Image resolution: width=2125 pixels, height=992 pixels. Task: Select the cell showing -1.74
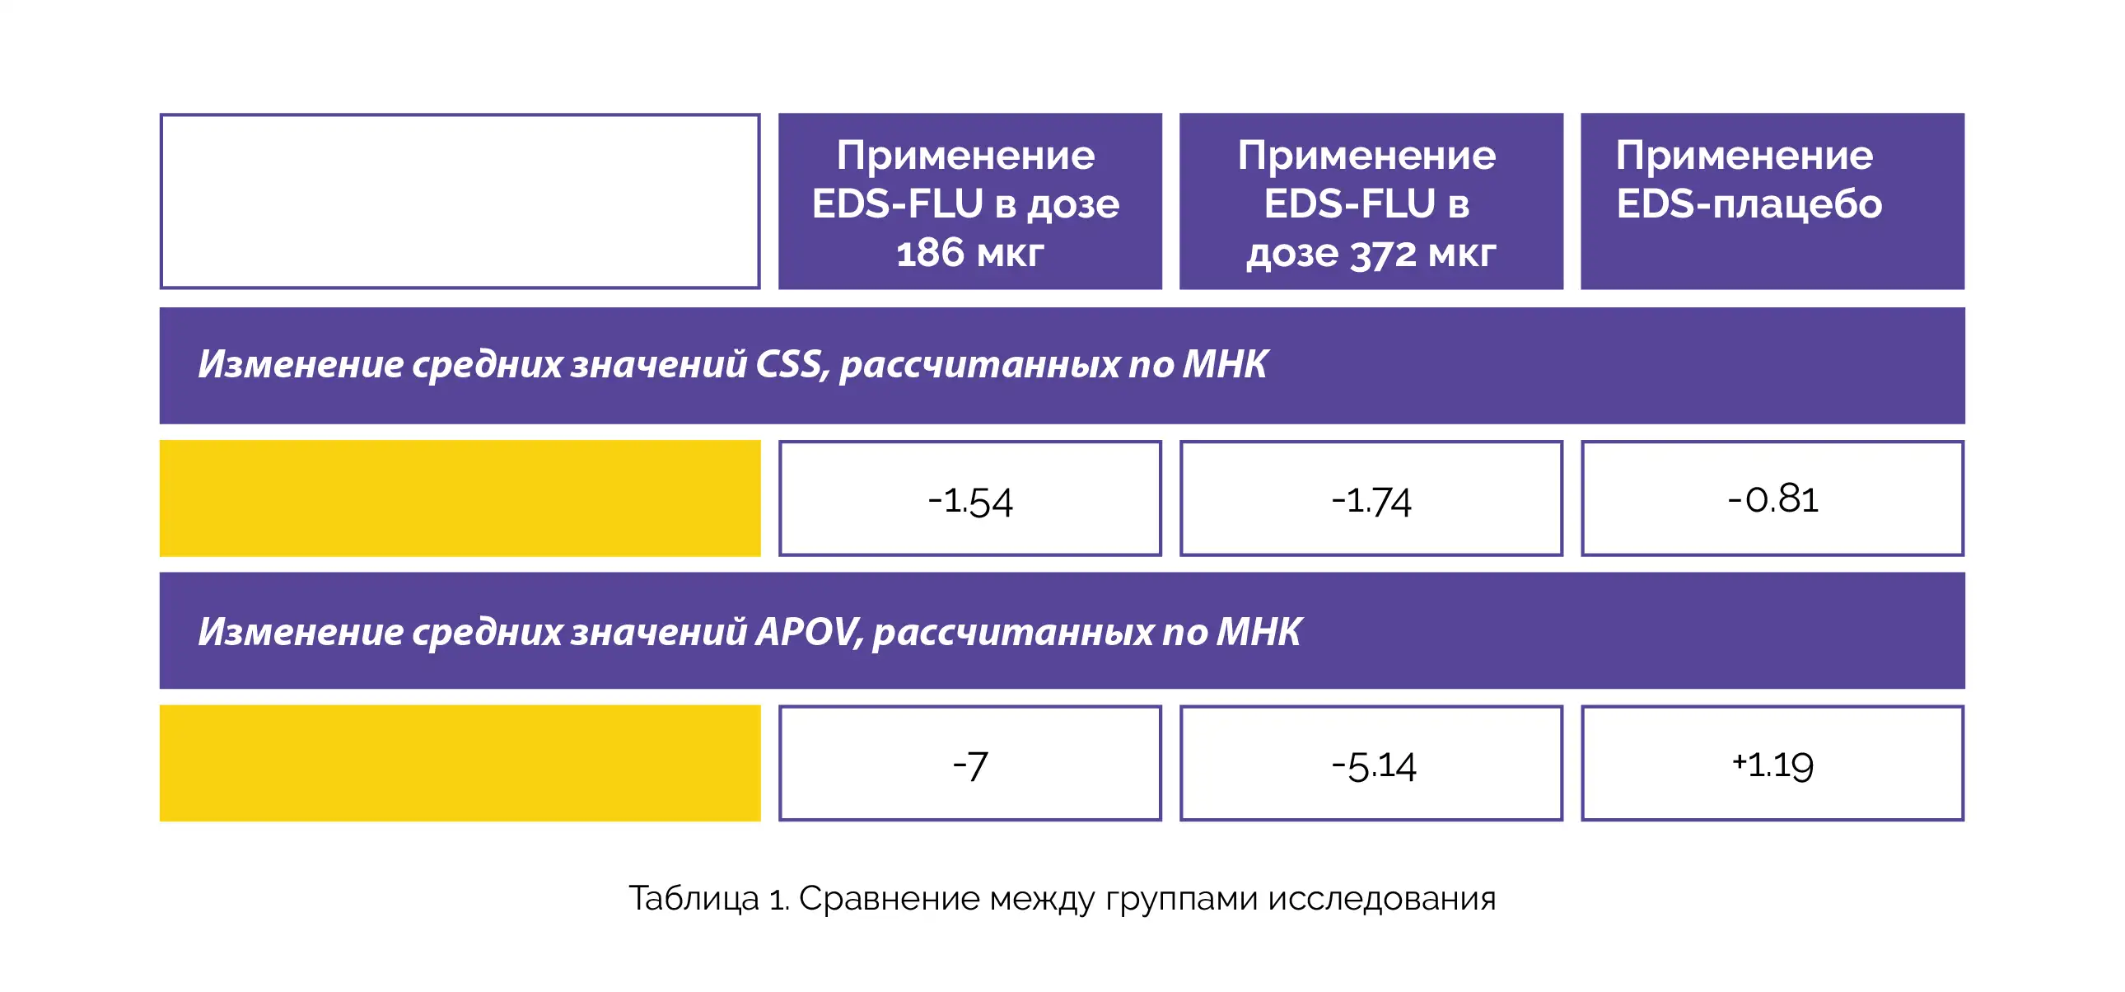[1371, 498]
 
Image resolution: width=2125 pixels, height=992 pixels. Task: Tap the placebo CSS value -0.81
[1772, 498]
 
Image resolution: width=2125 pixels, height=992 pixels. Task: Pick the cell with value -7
[970, 764]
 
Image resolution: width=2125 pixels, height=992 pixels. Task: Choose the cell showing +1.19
[1772, 764]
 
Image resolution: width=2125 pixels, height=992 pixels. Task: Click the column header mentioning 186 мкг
[970, 201]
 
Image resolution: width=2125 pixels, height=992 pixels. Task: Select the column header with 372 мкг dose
[1371, 201]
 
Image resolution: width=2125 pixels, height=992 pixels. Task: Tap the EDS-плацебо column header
[1772, 201]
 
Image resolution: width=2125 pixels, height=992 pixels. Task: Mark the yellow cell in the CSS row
[460, 498]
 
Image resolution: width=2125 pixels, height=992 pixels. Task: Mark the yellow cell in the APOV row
[460, 764]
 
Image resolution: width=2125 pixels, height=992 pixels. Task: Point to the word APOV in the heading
[810, 632]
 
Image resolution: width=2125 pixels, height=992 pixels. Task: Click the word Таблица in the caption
[694, 899]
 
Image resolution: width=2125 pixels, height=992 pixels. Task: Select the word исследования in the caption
[1382, 898]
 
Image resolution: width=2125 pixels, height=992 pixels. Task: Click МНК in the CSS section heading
[1225, 365]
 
